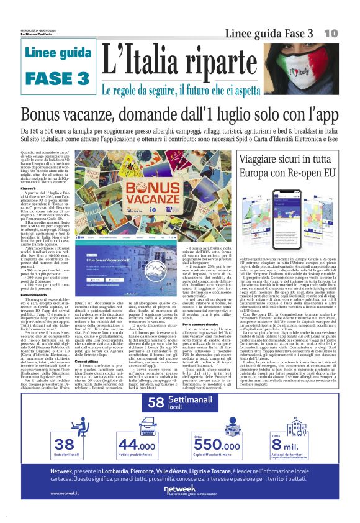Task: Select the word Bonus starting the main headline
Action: pyautogui.click(x=44, y=115)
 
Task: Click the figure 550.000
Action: pyautogui.click(x=216, y=445)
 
